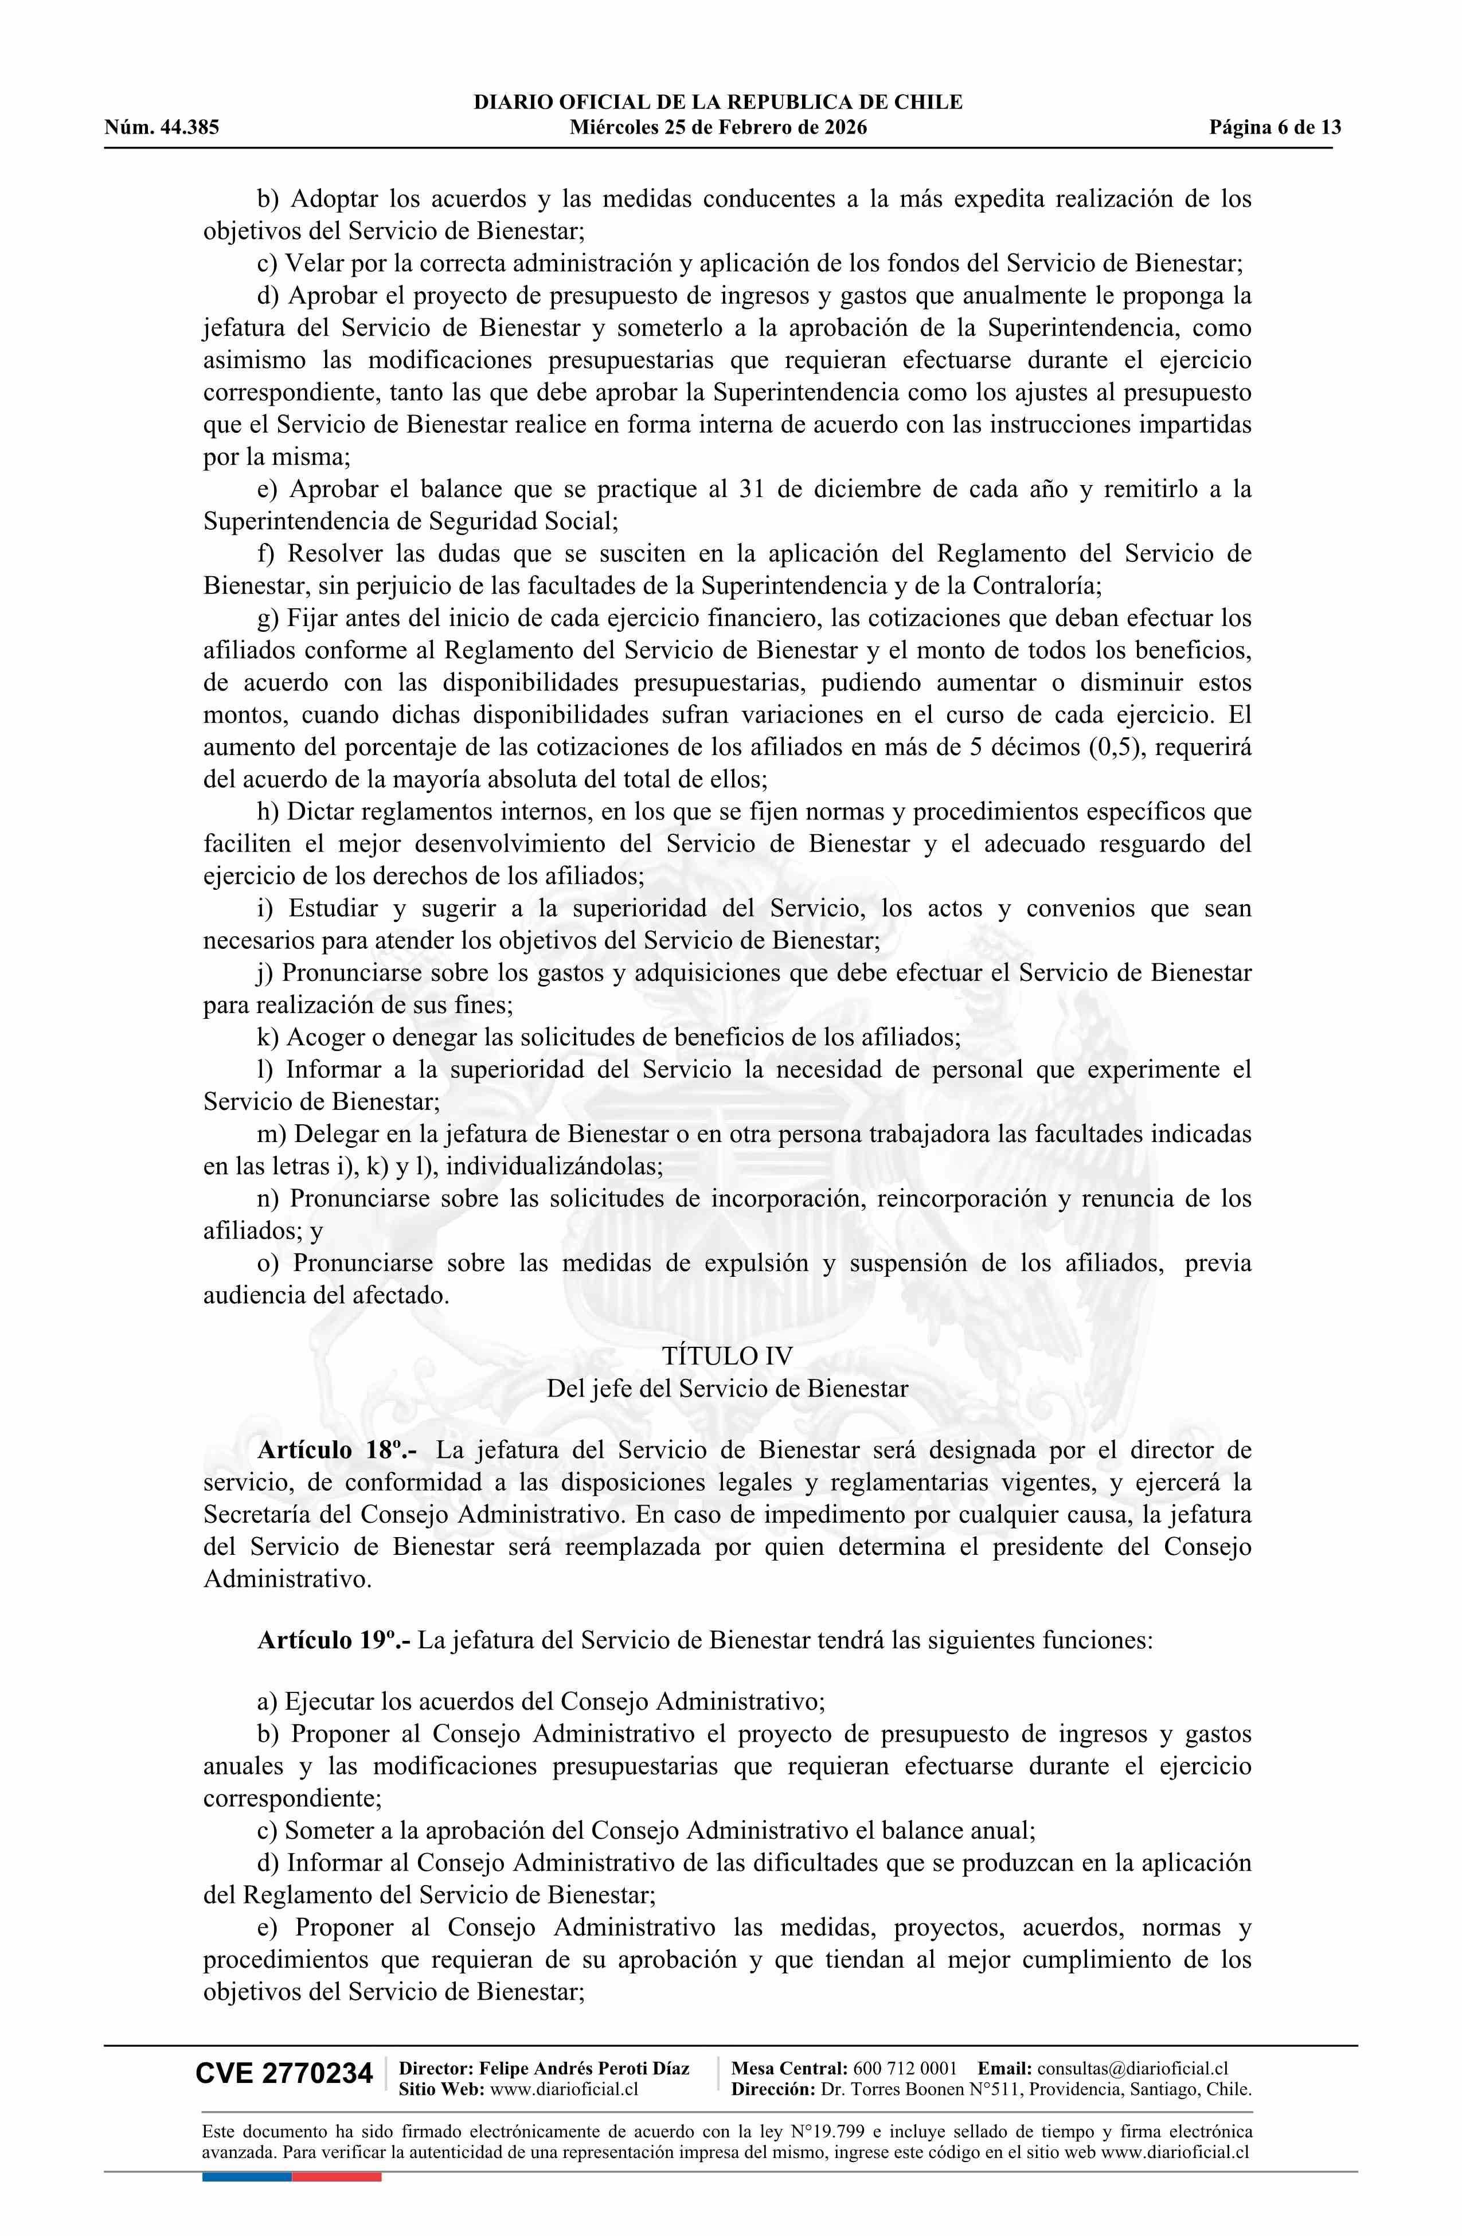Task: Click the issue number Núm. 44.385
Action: [x=162, y=128]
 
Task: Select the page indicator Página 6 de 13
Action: [x=1275, y=128]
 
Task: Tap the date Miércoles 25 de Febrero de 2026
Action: [x=718, y=128]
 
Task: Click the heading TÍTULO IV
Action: [x=727, y=1356]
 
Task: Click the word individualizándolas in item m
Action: [x=553, y=1167]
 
